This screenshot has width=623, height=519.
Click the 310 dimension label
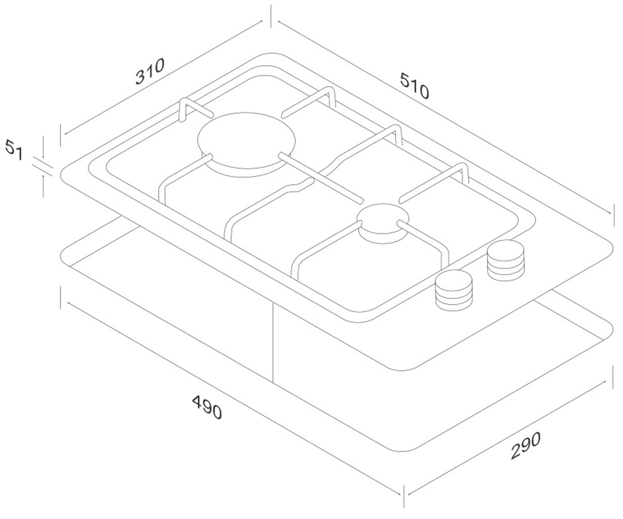coord(150,71)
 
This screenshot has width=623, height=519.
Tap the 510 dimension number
coord(414,86)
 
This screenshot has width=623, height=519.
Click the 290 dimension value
coord(525,445)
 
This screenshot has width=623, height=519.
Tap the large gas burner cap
coord(247,140)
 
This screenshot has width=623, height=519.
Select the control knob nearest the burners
coord(506,261)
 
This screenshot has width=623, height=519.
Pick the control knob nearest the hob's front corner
coord(454,290)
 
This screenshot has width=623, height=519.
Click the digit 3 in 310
coord(141,77)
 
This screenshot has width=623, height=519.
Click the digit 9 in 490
coord(207,407)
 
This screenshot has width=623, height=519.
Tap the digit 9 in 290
coord(525,445)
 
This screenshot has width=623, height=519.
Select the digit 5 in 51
coord(10,147)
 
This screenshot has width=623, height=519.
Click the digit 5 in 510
coord(405,80)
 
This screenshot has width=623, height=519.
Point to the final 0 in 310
coord(159,65)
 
